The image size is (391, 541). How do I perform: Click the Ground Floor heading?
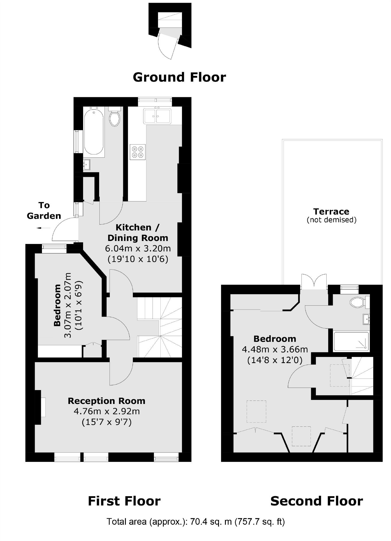179,77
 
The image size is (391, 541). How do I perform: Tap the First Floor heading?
124,501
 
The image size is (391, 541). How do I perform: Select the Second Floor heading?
316,501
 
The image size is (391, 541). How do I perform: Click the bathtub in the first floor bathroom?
94,132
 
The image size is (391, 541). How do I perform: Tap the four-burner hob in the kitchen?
138,152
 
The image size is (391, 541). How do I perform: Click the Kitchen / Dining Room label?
138,232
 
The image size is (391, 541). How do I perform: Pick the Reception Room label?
106,401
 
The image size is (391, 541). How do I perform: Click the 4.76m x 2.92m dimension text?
107,411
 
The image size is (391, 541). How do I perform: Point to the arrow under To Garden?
43,228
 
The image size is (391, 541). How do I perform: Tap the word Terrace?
331,212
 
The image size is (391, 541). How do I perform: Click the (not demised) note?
331,220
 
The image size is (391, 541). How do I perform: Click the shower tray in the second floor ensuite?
351,341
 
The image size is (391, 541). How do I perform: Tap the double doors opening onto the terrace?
314,282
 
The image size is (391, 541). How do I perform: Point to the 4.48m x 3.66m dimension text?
275,349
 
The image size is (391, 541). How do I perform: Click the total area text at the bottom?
196,521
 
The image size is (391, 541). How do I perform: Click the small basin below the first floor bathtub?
87,164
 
